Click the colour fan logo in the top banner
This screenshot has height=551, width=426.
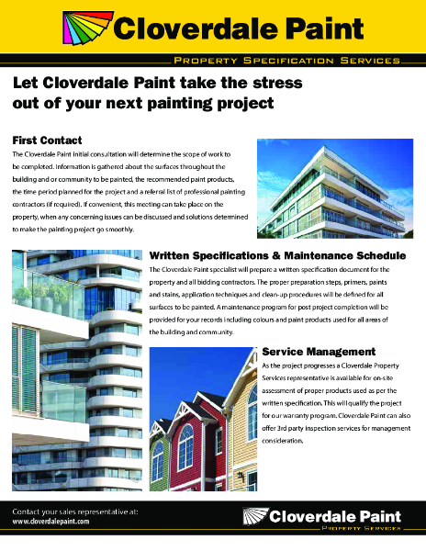(86, 29)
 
